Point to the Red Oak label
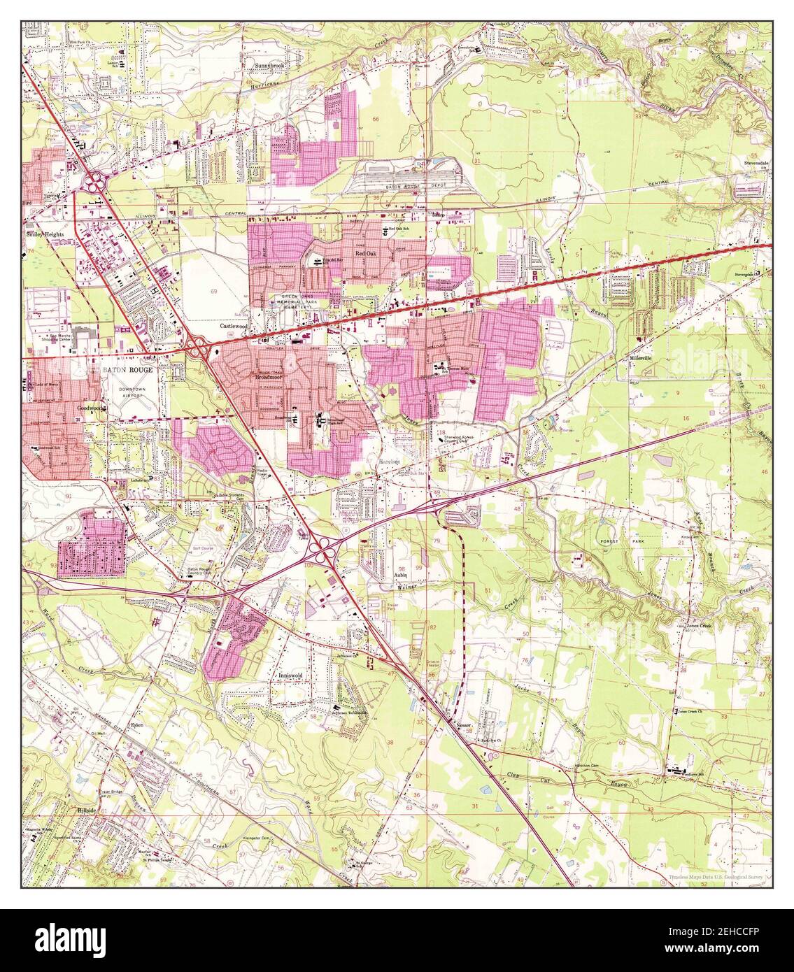click(367, 254)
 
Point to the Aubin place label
click(402, 575)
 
